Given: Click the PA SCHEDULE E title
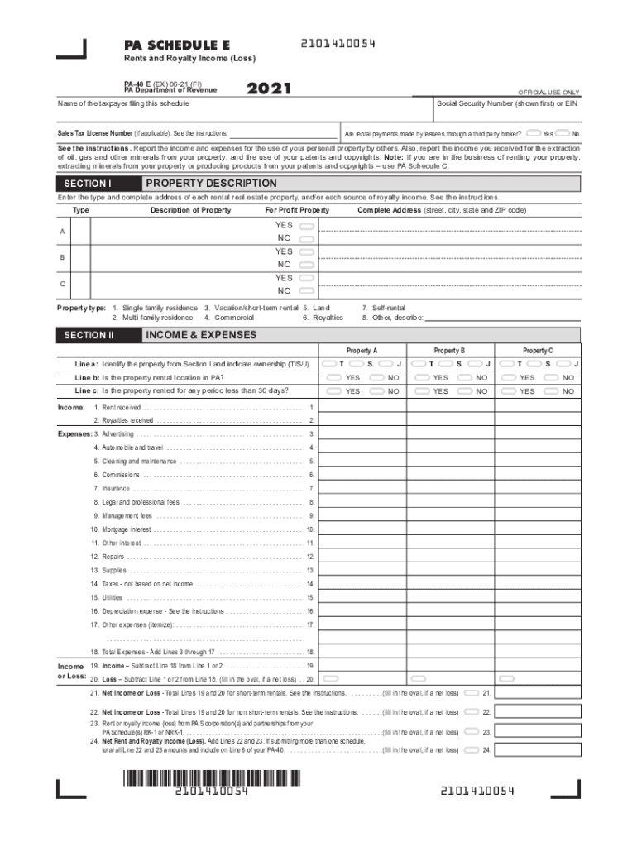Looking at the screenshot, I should [177, 45].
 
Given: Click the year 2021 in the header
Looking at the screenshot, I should [269, 89].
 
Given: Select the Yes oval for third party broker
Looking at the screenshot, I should [533, 132].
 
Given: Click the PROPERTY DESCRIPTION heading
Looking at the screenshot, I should [211, 184].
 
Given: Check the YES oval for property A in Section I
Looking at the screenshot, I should [307, 225].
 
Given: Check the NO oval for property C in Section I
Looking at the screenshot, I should [307, 291].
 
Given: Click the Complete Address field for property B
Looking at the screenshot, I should [451, 257].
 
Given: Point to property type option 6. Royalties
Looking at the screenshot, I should [323, 318].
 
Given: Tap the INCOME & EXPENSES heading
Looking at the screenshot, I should [201, 335].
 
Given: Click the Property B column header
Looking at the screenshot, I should [449, 351].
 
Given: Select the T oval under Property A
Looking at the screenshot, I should [330, 364].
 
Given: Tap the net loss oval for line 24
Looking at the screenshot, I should [471, 750].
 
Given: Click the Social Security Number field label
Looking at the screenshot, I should [507, 103].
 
